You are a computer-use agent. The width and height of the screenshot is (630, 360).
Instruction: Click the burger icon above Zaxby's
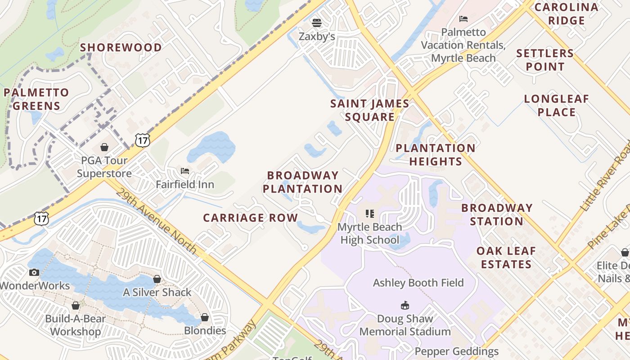[317, 23]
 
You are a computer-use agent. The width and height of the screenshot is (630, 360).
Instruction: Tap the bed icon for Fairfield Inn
[185, 171]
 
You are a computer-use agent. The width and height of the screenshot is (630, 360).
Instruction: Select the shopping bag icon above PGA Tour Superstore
[104, 147]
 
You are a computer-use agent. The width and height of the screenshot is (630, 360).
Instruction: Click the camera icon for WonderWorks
[34, 272]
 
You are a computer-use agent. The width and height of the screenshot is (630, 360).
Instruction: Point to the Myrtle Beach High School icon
[369, 214]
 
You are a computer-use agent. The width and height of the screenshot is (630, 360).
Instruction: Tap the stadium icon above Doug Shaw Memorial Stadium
[405, 305]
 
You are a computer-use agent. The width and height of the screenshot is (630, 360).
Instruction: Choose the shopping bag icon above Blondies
[205, 317]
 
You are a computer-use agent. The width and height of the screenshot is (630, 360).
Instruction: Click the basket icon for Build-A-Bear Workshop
[76, 306]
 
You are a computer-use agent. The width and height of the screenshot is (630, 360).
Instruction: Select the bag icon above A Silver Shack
[157, 279]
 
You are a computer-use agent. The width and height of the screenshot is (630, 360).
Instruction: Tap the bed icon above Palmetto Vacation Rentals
[463, 19]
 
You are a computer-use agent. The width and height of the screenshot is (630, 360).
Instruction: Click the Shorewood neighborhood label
[121, 47]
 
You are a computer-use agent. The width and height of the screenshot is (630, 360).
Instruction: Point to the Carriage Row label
[250, 218]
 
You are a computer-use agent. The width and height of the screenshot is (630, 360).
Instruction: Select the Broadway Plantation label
[302, 182]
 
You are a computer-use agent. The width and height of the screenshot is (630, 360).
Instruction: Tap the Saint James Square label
[369, 110]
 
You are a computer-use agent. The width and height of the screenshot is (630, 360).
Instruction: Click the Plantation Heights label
[435, 155]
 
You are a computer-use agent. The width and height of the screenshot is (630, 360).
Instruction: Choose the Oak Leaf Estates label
[506, 257]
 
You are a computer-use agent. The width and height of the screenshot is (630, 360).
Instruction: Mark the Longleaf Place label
[556, 105]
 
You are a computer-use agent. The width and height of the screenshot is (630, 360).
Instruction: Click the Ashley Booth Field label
[418, 283]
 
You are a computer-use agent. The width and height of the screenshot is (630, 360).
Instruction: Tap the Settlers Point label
[545, 60]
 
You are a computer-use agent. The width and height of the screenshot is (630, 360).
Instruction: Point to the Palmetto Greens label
[36, 99]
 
